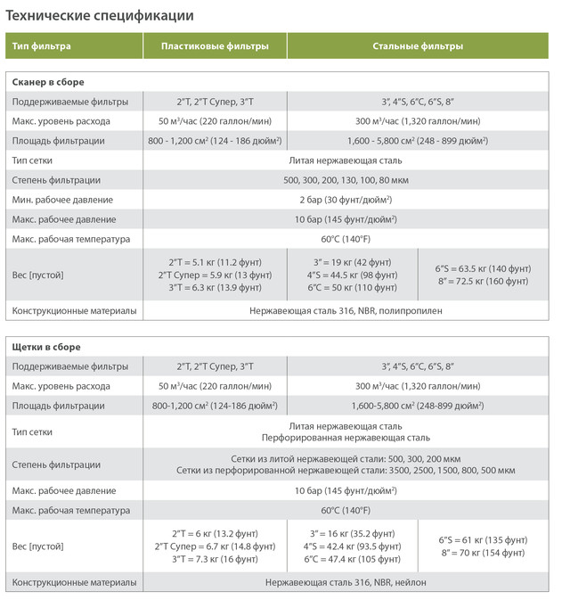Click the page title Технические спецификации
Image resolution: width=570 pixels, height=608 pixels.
[x=100, y=15]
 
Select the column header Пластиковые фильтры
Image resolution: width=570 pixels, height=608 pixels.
[x=215, y=45]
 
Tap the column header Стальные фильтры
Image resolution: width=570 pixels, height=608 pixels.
[x=417, y=45]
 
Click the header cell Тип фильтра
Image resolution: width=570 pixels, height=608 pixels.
[x=42, y=45]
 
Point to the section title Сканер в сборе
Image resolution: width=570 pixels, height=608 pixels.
[x=49, y=82]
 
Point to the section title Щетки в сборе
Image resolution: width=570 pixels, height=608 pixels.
[x=45, y=346]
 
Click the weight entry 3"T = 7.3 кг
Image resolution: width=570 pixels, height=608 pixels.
[x=215, y=559]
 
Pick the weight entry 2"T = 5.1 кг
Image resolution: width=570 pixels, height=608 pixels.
[x=215, y=262]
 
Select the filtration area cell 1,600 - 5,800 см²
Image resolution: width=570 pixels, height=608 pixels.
[x=417, y=141]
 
